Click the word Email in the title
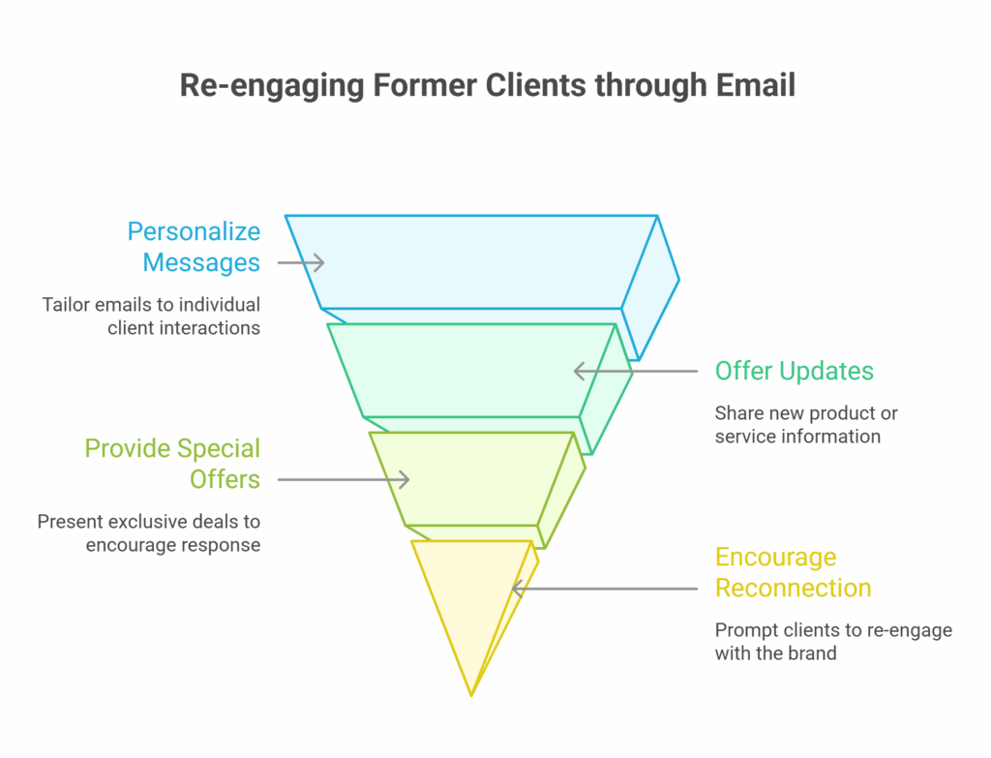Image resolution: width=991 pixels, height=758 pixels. tap(755, 85)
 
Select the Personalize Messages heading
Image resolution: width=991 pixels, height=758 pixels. tap(194, 247)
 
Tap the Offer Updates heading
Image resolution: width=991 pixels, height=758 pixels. tap(794, 371)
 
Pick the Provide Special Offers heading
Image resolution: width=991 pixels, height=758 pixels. tap(172, 464)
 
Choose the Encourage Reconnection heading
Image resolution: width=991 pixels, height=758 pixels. tap(794, 572)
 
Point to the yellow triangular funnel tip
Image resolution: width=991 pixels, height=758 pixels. tap(471, 600)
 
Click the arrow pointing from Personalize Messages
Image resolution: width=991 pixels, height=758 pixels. tap(301, 262)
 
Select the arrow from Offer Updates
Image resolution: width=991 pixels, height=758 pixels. tap(636, 371)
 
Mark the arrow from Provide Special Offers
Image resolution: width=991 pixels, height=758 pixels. tap(344, 480)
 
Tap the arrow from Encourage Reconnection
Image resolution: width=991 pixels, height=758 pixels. tap(605, 589)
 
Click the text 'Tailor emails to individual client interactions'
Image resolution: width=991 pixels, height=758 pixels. tap(151, 317)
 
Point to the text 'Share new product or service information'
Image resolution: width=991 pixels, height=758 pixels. tap(806, 425)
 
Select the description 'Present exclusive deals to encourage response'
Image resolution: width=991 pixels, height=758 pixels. tap(148, 533)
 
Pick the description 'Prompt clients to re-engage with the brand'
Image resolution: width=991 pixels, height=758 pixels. tap(833, 641)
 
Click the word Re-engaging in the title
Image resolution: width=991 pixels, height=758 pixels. tap(272, 86)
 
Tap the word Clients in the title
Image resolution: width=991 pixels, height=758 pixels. tap(535, 85)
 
